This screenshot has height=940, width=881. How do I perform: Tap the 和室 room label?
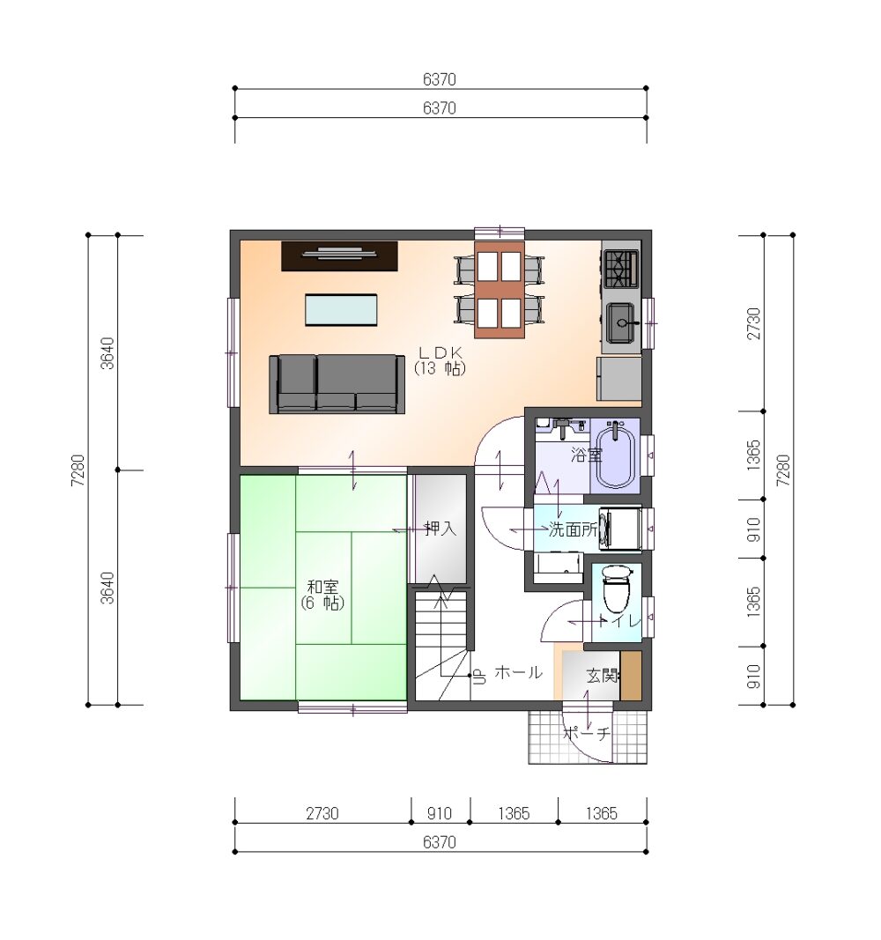click(323, 586)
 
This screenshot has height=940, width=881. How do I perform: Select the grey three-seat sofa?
click(337, 384)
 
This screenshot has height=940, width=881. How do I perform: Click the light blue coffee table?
click(341, 310)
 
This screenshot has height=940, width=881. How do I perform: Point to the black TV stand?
click(340, 256)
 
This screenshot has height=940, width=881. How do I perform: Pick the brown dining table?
click(500, 290)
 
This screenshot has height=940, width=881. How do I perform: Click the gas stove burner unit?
click(621, 270)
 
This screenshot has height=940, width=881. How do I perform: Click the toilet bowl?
click(617, 588)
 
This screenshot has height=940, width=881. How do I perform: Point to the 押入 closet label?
click(440, 529)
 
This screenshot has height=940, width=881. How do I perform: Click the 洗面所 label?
click(573, 529)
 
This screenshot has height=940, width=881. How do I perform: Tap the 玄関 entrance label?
click(602, 676)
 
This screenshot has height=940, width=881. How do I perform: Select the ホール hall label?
click(518, 673)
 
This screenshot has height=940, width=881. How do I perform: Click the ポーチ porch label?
click(587, 733)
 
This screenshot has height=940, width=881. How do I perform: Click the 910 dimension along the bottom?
click(440, 813)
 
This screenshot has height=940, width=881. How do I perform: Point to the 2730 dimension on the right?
click(753, 323)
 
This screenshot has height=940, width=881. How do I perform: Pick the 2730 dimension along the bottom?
click(322, 813)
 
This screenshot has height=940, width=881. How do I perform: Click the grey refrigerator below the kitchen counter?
click(619, 379)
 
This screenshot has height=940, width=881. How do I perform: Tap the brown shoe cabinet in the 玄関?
click(631, 675)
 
